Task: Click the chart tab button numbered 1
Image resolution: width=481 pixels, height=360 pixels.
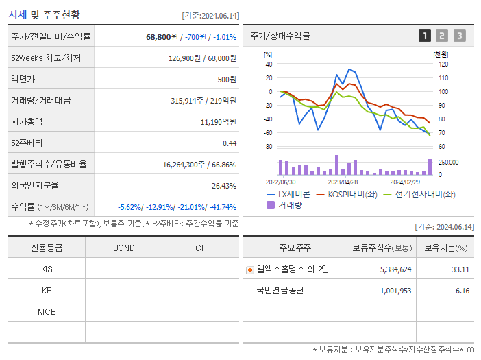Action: pyautogui.click(x=425, y=36)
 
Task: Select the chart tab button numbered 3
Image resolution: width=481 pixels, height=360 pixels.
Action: pyautogui.click(x=459, y=36)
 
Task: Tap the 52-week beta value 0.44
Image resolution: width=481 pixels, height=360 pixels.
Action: pyautogui.click(x=230, y=143)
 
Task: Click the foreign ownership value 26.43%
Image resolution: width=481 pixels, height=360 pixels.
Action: pyautogui.click(x=223, y=185)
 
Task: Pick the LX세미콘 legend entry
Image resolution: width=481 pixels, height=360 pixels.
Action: pyautogui.click(x=288, y=194)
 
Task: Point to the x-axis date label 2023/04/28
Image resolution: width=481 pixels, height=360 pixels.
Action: pyautogui.click(x=343, y=182)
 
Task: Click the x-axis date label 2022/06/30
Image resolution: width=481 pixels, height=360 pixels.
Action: pyautogui.click(x=281, y=182)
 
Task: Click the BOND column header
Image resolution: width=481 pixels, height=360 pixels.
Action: pyautogui.click(x=123, y=248)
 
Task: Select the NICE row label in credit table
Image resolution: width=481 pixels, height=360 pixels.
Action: pyautogui.click(x=47, y=311)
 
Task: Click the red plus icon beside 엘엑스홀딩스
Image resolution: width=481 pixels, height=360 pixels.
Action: pyautogui.click(x=249, y=269)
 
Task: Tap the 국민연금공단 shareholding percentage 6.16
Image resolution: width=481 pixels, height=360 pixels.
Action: pyautogui.click(x=462, y=291)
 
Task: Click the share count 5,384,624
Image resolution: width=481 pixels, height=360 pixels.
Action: pyautogui.click(x=395, y=269)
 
